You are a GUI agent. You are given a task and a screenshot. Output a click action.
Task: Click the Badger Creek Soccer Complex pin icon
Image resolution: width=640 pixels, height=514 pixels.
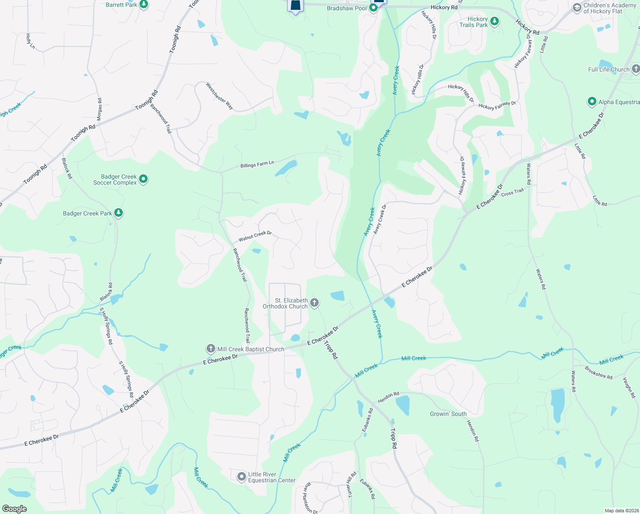pyautogui.click(x=143, y=179)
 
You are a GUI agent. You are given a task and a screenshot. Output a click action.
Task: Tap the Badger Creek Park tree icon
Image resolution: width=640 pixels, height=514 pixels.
pyautogui.click(x=119, y=213)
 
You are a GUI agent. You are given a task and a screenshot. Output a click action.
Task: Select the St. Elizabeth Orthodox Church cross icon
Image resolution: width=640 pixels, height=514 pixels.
pyautogui.click(x=314, y=303)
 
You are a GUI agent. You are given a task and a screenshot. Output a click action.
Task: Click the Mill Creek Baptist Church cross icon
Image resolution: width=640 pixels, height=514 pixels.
pyautogui.click(x=210, y=349)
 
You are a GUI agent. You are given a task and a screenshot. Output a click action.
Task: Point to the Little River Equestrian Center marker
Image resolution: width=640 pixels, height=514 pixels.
pyautogui.click(x=242, y=476)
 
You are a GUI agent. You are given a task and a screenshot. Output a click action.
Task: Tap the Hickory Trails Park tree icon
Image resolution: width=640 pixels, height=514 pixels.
pyautogui.click(x=495, y=21)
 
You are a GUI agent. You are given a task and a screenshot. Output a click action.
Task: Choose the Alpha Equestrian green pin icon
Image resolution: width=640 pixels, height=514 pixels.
pyautogui.click(x=592, y=102)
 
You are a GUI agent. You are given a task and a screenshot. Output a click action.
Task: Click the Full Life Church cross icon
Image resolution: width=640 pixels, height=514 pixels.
pyautogui.click(x=636, y=69)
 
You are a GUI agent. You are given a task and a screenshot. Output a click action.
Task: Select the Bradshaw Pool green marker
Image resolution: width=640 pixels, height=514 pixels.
pyautogui.click(x=373, y=8)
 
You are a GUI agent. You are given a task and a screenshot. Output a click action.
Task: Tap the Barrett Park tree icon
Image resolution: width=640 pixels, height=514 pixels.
pyautogui.click(x=144, y=5)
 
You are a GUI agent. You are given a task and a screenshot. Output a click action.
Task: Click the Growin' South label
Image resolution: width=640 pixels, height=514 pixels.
pyautogui.click(x=448, y=414)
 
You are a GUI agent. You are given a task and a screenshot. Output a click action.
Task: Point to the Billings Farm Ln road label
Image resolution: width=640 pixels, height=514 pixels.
pyautogui.click(x=257, y=164)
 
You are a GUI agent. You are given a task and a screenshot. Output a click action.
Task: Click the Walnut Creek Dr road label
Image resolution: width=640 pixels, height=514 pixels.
pyautogui.click(x=255, y=236)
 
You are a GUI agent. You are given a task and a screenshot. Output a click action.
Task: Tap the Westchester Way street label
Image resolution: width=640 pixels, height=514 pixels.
pyautogui.click(x=219, y=96)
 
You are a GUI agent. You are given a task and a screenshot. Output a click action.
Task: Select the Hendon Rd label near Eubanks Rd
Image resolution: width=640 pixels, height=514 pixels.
pyautogui.click(x=388, y=397)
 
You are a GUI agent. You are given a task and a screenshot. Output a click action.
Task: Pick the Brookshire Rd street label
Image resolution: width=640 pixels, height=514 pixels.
pyautogui.click(x=599, y=374)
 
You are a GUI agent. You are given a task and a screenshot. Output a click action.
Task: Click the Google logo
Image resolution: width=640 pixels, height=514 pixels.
pyautogui.click(x=14, y=508)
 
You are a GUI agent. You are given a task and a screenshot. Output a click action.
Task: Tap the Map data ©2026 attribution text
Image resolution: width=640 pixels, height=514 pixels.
pyautogui.click(x=620, y=511)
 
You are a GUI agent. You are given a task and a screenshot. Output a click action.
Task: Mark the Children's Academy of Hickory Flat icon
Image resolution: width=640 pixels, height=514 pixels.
pyautogui.click(x=577, y=8)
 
